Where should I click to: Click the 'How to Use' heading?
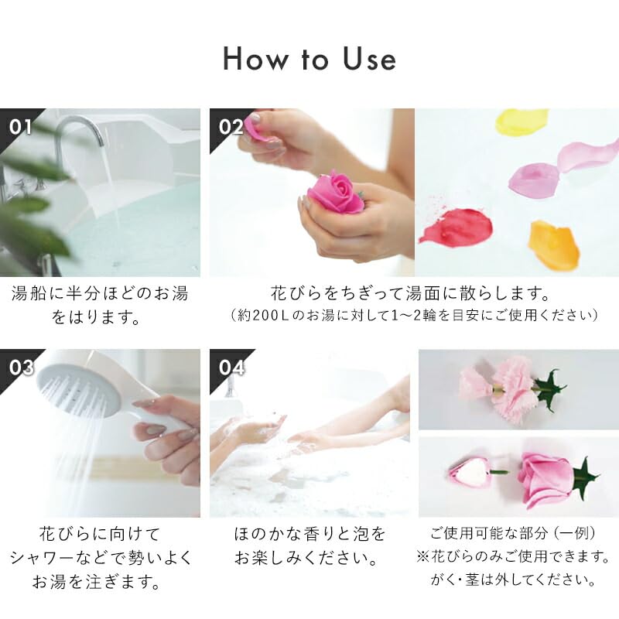pos(309,60)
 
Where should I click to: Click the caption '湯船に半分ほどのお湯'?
pos(100,294)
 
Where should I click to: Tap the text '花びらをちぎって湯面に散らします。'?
pos(410,294)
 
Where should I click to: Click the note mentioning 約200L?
pos(414,316)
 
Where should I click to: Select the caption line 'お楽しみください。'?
pos(309,557)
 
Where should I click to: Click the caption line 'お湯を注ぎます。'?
pos(100,580)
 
